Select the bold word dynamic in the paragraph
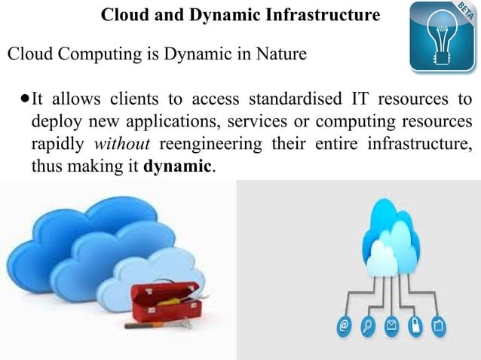tap(177, 166)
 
